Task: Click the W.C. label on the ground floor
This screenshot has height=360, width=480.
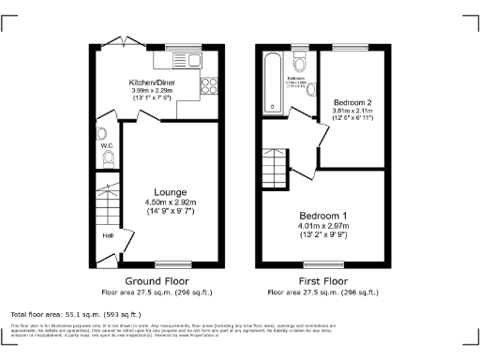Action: (106, 145)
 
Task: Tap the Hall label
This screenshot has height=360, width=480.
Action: (107, 235)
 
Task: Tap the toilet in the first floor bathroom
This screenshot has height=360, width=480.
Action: (299, 62)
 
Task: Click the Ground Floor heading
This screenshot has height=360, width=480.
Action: (157, 280)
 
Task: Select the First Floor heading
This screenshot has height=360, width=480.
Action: (323, 280)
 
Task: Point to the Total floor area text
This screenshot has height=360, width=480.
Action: (75, 314)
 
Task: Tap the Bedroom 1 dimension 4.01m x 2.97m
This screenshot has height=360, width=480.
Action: (323, 226)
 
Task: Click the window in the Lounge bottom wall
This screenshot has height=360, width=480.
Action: (167, 263)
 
